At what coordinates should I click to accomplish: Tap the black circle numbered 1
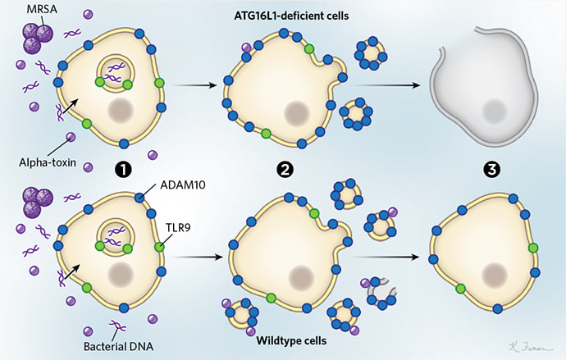tap(124, 171)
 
